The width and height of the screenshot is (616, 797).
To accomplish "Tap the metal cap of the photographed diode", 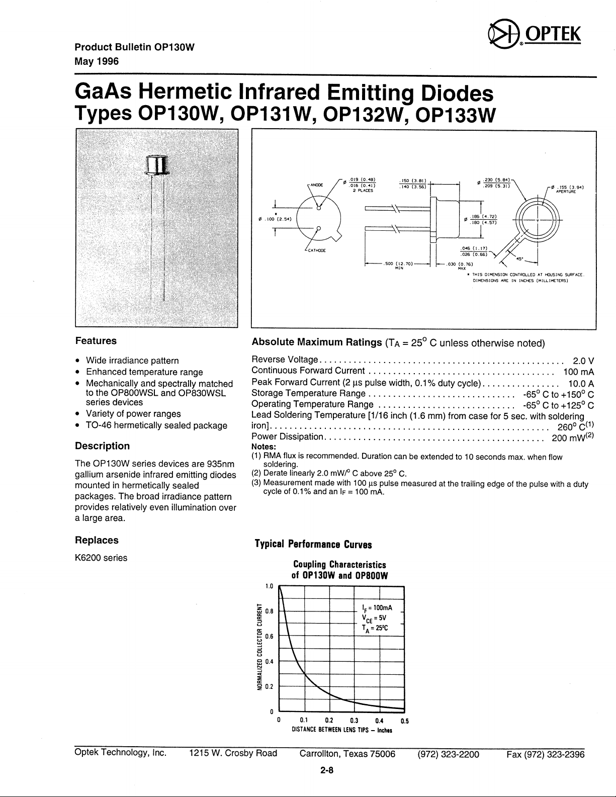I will (x=157, y=165).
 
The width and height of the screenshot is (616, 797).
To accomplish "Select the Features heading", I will (x=96, y=341).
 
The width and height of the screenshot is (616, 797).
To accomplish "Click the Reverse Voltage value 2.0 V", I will (x=583, y=361).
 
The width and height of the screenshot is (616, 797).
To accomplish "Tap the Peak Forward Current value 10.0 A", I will (x=581, y=383).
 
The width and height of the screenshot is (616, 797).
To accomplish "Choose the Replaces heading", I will (x=97, y=540).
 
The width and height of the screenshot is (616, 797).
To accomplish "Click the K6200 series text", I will (x=101, y=558).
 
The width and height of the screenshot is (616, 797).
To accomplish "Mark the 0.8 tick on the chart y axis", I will (x=269, y=611).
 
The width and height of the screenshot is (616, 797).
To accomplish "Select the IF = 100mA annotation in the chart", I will (x=377, y=607).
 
